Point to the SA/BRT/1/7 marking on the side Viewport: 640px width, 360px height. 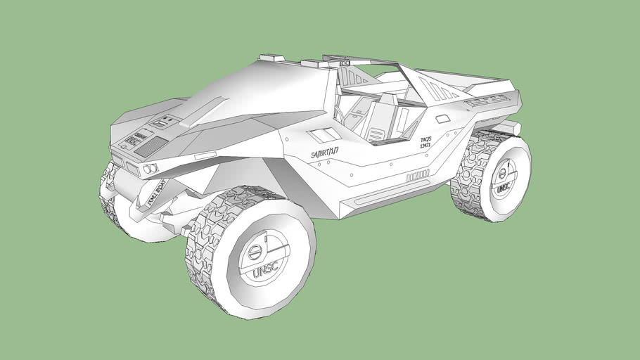tap(325, 153)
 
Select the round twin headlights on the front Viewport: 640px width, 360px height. tap(150, 169)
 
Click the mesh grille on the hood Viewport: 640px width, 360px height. tap(151, 147)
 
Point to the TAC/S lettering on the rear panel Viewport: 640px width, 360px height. tap(426, 140)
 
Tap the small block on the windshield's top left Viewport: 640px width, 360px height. tap(270, 58)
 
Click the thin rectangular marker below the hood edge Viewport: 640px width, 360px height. tap(205, 154)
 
